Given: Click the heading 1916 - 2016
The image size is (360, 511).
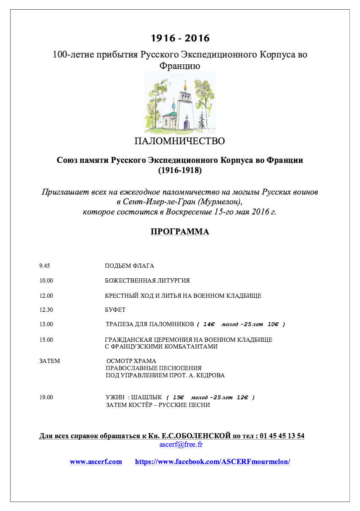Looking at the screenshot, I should pos(180,38).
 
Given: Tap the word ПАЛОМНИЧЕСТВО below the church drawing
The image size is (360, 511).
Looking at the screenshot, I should pos(180,141).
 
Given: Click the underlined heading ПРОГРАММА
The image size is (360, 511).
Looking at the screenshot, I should pos(180,232).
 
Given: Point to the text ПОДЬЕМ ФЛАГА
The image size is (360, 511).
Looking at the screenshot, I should pos(129,266).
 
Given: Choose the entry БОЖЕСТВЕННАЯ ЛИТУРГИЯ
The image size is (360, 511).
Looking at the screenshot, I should pos(147,281).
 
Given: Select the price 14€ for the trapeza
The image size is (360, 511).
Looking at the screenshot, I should pos(209,324).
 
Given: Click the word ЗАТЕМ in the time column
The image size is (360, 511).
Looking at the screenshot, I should pos(49,361).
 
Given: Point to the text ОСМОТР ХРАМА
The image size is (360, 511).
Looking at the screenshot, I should pos(131,361).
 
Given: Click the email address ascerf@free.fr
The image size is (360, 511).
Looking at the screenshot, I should pos(181,445).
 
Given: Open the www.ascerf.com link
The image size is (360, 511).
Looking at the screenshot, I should pos(96,462).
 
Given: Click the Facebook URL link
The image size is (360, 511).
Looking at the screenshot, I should pos(212,462).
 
